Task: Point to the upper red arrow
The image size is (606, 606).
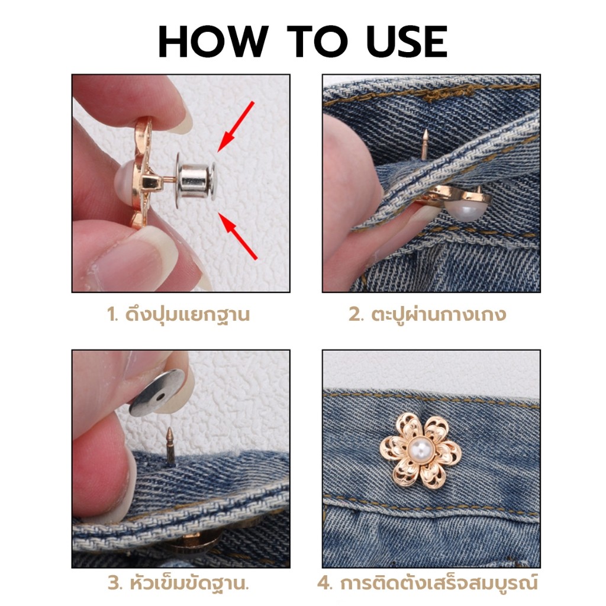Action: point(236,126)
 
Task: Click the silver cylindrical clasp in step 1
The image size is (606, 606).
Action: point(196,180)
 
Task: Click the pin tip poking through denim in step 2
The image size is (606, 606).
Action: point(425,144)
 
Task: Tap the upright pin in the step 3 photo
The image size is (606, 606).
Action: point(170,446)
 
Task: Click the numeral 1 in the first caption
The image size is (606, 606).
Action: point(112,315)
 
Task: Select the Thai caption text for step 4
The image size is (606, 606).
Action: point(439,582)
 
